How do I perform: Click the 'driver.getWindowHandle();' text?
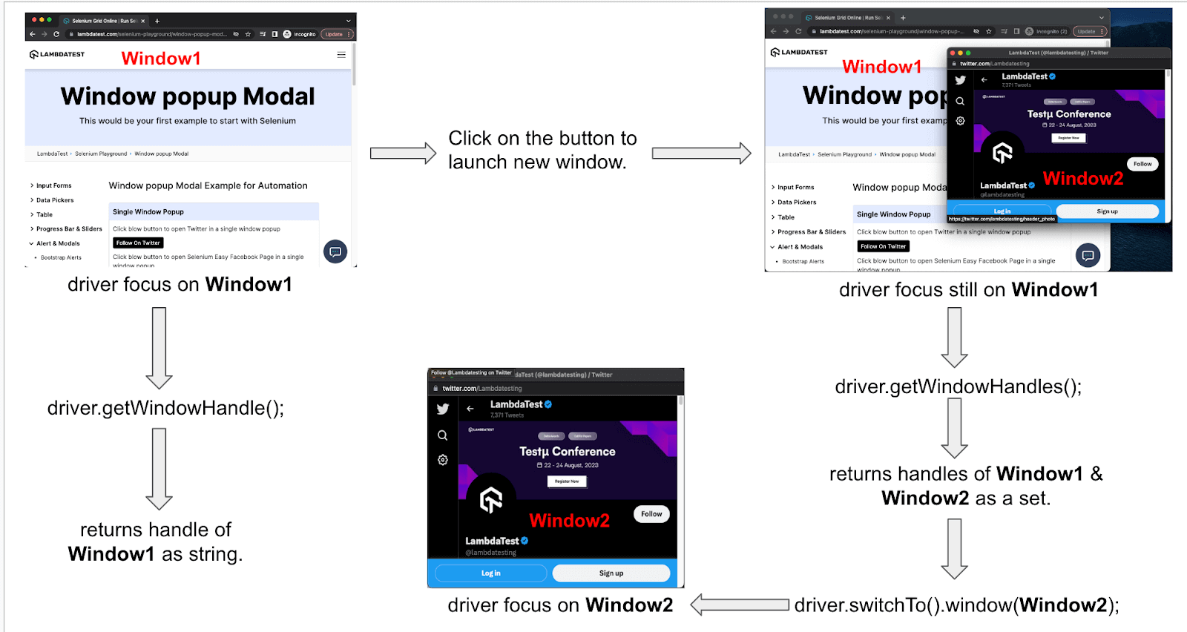165,408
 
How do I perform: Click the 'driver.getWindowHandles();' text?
958,386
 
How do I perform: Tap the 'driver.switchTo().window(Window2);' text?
956,605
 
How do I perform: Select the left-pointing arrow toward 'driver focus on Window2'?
740,605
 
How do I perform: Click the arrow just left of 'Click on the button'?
403,154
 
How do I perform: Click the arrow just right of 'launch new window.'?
701,154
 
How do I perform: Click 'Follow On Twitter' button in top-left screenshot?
138,243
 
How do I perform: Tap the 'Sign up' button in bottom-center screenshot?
611,573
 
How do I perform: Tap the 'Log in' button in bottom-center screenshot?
490,573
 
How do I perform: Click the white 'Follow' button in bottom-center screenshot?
651,514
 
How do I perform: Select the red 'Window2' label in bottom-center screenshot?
569,521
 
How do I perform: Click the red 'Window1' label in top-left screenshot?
161,59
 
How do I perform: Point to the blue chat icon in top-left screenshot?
335,252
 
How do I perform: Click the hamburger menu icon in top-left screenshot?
341,55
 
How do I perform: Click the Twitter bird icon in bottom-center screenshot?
443,409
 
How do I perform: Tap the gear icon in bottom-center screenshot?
443,460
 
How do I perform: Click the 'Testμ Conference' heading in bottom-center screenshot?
567,451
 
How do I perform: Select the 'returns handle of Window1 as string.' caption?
156,542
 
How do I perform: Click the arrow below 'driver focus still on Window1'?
954,338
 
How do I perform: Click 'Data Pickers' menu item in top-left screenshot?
55,200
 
